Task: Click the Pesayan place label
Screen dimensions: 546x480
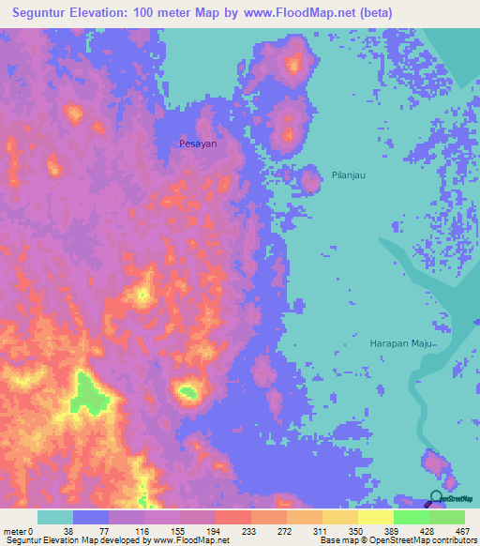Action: point(198,144)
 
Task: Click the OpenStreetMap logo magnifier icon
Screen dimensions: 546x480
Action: point(437,498)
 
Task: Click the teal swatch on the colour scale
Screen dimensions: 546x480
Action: point(55,517)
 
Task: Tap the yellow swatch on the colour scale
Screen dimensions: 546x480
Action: point(376,517)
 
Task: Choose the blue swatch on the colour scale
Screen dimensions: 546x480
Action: point(91,517)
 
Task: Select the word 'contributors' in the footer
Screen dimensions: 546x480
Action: point(452,540)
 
